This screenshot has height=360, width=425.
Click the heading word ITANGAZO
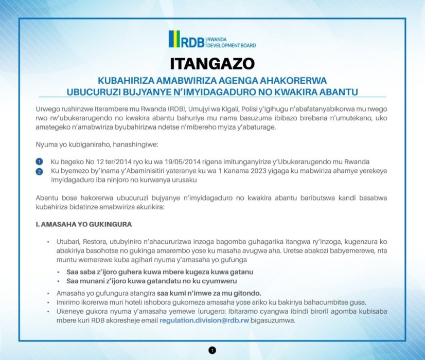pos(213,63)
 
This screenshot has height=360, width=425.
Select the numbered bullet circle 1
pos(40,162)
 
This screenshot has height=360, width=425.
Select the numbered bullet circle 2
pos(40,171)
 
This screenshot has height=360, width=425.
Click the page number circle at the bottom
pos(213,350)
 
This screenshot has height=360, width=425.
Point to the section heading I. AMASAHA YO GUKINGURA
pos(84,225)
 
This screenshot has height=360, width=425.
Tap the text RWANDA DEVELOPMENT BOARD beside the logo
pos(231,42)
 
